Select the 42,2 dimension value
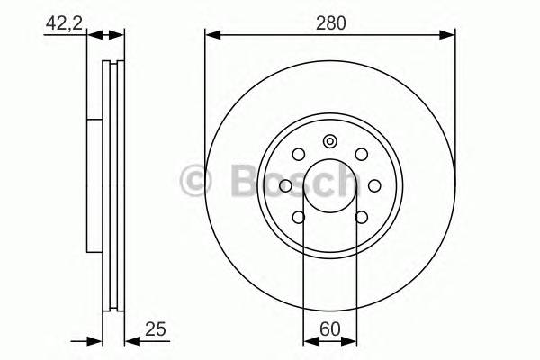coord(60,25)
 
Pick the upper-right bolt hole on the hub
coord(361,154)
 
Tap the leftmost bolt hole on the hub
coord(286,184)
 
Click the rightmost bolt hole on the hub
coord(373,184)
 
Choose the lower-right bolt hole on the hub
coord(361,216)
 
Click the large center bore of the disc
coord(330,184)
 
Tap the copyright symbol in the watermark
coord(195,184)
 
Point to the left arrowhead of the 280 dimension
coord(211,36)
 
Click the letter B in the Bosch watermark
coord(231,183)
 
